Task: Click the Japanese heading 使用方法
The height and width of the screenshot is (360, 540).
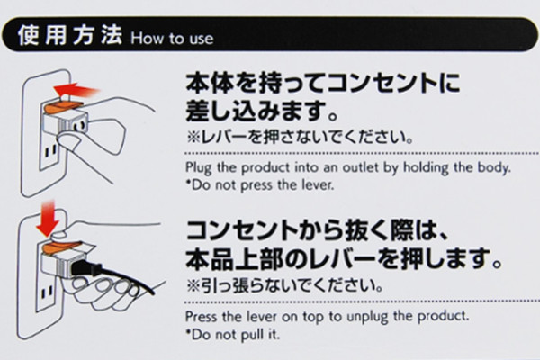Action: point(70,35)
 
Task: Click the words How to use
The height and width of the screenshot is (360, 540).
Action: point(172,38)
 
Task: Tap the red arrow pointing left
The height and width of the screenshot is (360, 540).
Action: point(76,90)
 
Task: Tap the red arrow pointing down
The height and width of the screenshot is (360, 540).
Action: point(48,219)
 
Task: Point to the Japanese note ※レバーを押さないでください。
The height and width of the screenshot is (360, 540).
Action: point(300,137)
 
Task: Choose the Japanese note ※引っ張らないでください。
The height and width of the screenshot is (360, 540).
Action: point(284,285)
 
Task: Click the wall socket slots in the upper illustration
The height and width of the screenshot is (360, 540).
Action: point(51,151)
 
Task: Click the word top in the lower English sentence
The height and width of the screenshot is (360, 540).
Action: point(312,317)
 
